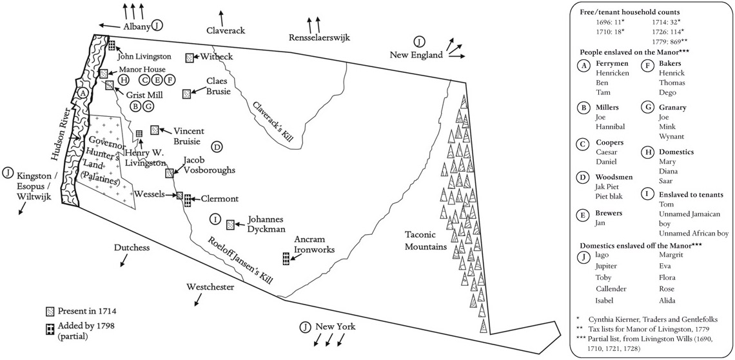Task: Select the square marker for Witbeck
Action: click(190, 58)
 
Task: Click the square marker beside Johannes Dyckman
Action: click(230, 225)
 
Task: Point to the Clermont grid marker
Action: click(188, 199)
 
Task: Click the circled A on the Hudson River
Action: click(81, 93)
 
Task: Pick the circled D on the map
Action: click(217, 147)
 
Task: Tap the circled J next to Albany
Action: click(159, 26)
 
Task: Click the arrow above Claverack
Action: click(222, 17)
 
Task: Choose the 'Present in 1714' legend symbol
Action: click(50, 311)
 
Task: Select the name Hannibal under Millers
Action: click(607, 128)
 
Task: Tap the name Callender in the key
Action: click(611, 288)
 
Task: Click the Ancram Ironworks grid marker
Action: click(286, 259)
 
